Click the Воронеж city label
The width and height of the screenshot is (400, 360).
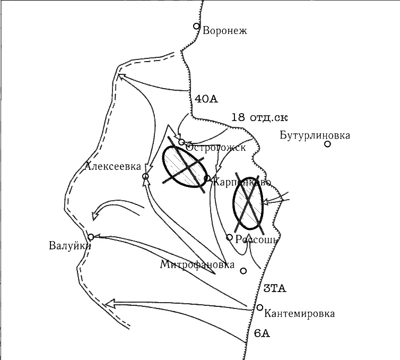(x=225, y=30)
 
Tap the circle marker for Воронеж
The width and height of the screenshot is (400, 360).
(x=196, y=26)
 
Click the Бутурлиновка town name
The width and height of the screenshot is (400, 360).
(x=315, y=135)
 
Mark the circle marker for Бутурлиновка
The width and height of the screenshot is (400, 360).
(x=328, y=144)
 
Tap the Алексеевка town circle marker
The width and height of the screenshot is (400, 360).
(x=145, y=177)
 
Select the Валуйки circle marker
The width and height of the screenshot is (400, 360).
(x=91, y=237)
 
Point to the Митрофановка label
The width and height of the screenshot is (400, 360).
(x=197, y=264)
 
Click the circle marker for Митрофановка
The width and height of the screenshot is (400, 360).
(x=244, y=271)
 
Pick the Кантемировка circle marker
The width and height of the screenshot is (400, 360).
(x=260, y=307)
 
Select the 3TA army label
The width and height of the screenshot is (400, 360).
(x=275, y=289)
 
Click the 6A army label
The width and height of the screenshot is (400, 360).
(x=262, y=333)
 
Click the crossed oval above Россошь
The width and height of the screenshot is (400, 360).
(x=248, y=201)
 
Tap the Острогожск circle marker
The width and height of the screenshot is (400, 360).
(x=181, y=142)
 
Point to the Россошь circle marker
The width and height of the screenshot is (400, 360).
(x=229, y=237)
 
